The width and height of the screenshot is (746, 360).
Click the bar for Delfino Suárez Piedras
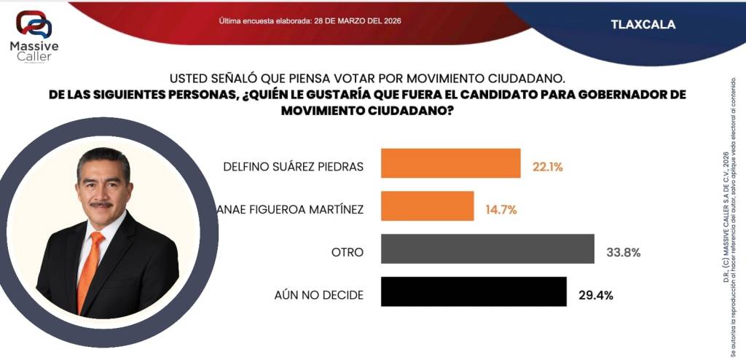pyautogui.click(x=451, y=163)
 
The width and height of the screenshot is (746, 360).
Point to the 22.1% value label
pyautogui.click(x=548, y=167)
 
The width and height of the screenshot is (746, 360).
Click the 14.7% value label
pyautogui.click(x=501, y=210)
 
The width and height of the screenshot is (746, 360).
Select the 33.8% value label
pyautogui.click(x=624, y=253)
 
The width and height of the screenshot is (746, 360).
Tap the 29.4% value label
pyautogui.click(x=595, y=295)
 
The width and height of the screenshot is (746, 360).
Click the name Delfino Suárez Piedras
pyautogui.click(x=292, y=167)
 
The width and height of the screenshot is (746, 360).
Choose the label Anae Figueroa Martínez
pyautogui.click(x=291, y=210)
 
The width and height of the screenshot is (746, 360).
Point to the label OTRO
pyautogui.click(x=347, y=253)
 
